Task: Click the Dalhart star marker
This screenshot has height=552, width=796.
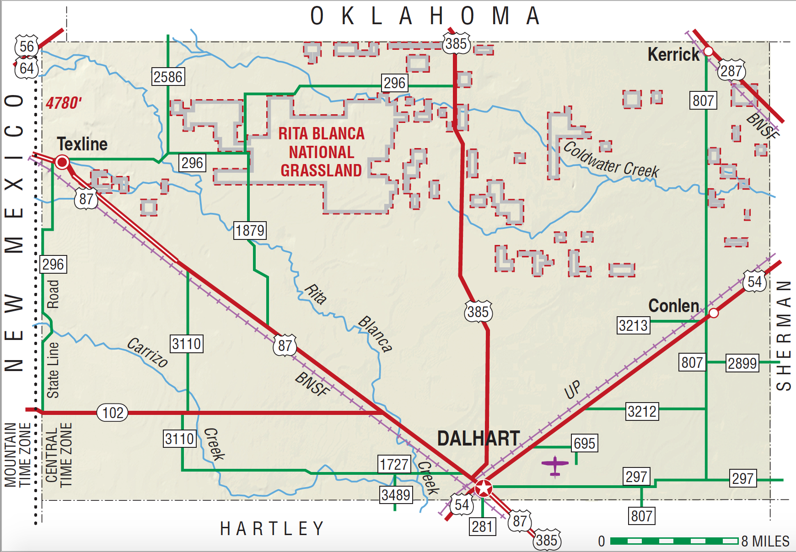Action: pyautogui.click(x=483, y=489)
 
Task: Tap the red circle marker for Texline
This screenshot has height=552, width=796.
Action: pyautogui.click(x=62, y=162)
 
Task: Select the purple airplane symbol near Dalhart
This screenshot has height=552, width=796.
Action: pyautogui.click(x=554, y=466)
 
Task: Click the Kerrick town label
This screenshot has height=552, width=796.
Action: pyautogui.click(x=673, y=55)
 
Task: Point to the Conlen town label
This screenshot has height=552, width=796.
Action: pyautogui.click(x=673, y=306)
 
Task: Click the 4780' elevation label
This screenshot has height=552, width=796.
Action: pyautogui.click(x=64, y=103)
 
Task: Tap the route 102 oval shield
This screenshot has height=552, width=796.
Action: pyautogui.click(x=113, y=413)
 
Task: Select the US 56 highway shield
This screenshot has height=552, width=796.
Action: pyautogui.click(x=27, y=46)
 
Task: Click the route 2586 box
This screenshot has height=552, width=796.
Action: pyautogui.click(x=168, y=77)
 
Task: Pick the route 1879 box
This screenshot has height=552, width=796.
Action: pyautogui.click(x=250, y=230)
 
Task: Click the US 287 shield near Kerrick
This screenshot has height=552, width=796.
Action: pyautogui.click(x=731, y=71)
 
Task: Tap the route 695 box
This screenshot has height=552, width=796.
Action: pyautogui.click(x=584, y=443)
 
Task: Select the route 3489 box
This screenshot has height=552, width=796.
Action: pyautogui.click(x=396, y=495)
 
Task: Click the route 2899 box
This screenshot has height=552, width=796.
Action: pyautogui.click(x=742, y=363)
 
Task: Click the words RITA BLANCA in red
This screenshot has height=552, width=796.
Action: pyautogui.click(x=321, y=133)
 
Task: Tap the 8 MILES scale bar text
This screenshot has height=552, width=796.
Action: pyautogui.click(x=765, y=541)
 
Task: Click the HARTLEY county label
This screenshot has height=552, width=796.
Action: pyautogui.click(x=272, y=529)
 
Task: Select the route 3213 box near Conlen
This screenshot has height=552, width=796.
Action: pyautogui.click(x=633, y=326)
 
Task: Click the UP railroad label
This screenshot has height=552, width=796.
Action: pyautogui.click(x=572, y=390)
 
